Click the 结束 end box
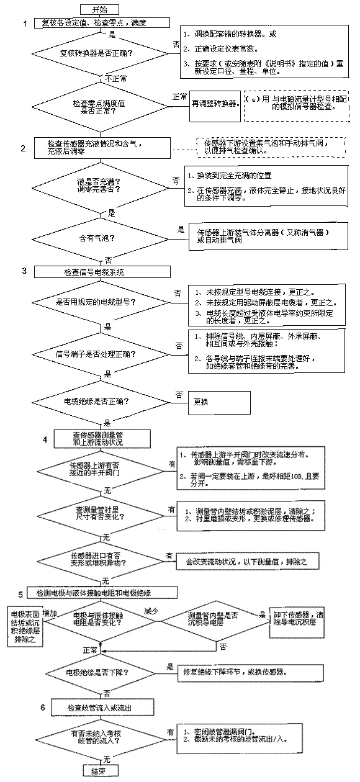(x=99, y=770)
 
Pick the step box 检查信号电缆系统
(x=103, y=271)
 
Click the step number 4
(x=45, y=439)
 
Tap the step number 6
(x=42, y=708)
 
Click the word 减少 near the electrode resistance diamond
(x=151, y=610)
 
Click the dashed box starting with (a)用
(x=295, y=102)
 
